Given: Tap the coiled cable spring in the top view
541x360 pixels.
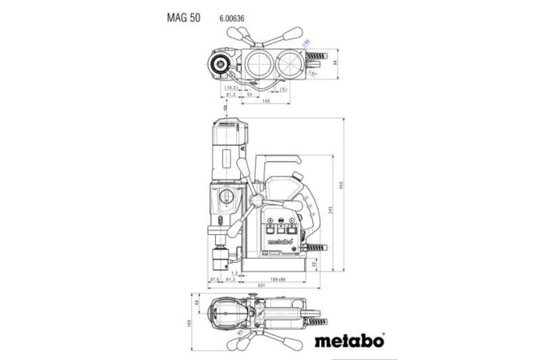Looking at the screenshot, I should pos(315,60).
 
